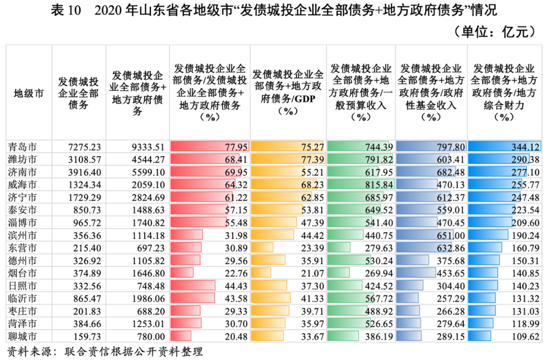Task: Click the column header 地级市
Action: tap(28, 93)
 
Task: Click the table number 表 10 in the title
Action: tap(66, 11)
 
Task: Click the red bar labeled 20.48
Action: tap(181, 336)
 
